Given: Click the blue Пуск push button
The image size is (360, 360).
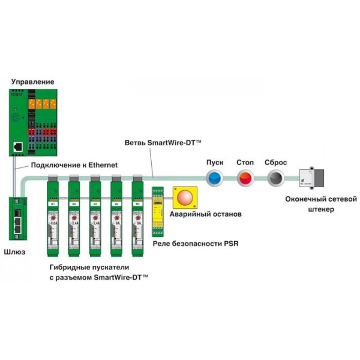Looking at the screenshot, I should [215, 178].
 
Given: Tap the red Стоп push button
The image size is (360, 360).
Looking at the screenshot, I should [245, 178].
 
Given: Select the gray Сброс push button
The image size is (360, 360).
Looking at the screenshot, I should [275, 178].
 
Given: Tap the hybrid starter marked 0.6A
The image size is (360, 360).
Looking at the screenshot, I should [55, 216].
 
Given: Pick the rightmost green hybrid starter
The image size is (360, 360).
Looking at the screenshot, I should [138, 216].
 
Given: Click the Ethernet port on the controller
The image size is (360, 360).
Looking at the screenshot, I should [19, 146].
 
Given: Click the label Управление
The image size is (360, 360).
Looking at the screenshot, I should [31, 82].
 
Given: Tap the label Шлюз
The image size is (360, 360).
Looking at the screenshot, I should [14, 252].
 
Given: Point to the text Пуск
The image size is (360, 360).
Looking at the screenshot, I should [215, 163].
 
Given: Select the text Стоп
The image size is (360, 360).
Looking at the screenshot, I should [245, 163].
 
